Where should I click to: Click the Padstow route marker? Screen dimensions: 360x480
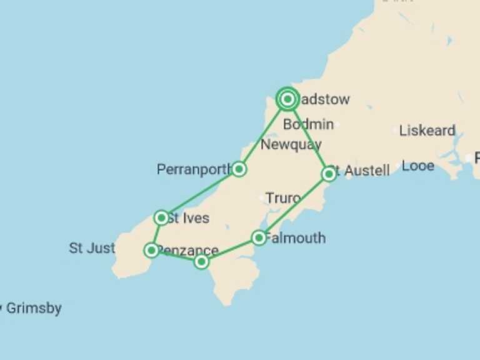click(287, 99)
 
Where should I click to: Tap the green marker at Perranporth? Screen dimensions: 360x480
click(238, 169)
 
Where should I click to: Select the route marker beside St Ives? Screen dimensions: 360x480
click(161, 217)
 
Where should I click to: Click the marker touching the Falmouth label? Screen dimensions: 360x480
click(259, 237)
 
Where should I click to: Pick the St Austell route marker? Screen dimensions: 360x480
click(329, 173)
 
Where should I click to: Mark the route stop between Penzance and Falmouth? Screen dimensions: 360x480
click(201, 261)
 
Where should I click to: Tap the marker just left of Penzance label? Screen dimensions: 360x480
click(151, 250)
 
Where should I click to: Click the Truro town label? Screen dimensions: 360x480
click(283, 198)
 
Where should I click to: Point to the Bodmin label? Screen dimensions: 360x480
click(308, 124)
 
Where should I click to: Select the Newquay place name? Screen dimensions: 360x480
click(291, 145)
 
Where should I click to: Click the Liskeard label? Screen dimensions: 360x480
click(427, 131)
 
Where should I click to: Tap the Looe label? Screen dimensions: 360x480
click(418, 166)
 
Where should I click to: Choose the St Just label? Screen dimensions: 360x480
click(92, 248)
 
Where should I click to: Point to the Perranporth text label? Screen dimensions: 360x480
click(194, 169)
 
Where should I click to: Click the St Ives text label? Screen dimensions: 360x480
click(189, 219)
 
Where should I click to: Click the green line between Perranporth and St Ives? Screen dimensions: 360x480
click(200, 193)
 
